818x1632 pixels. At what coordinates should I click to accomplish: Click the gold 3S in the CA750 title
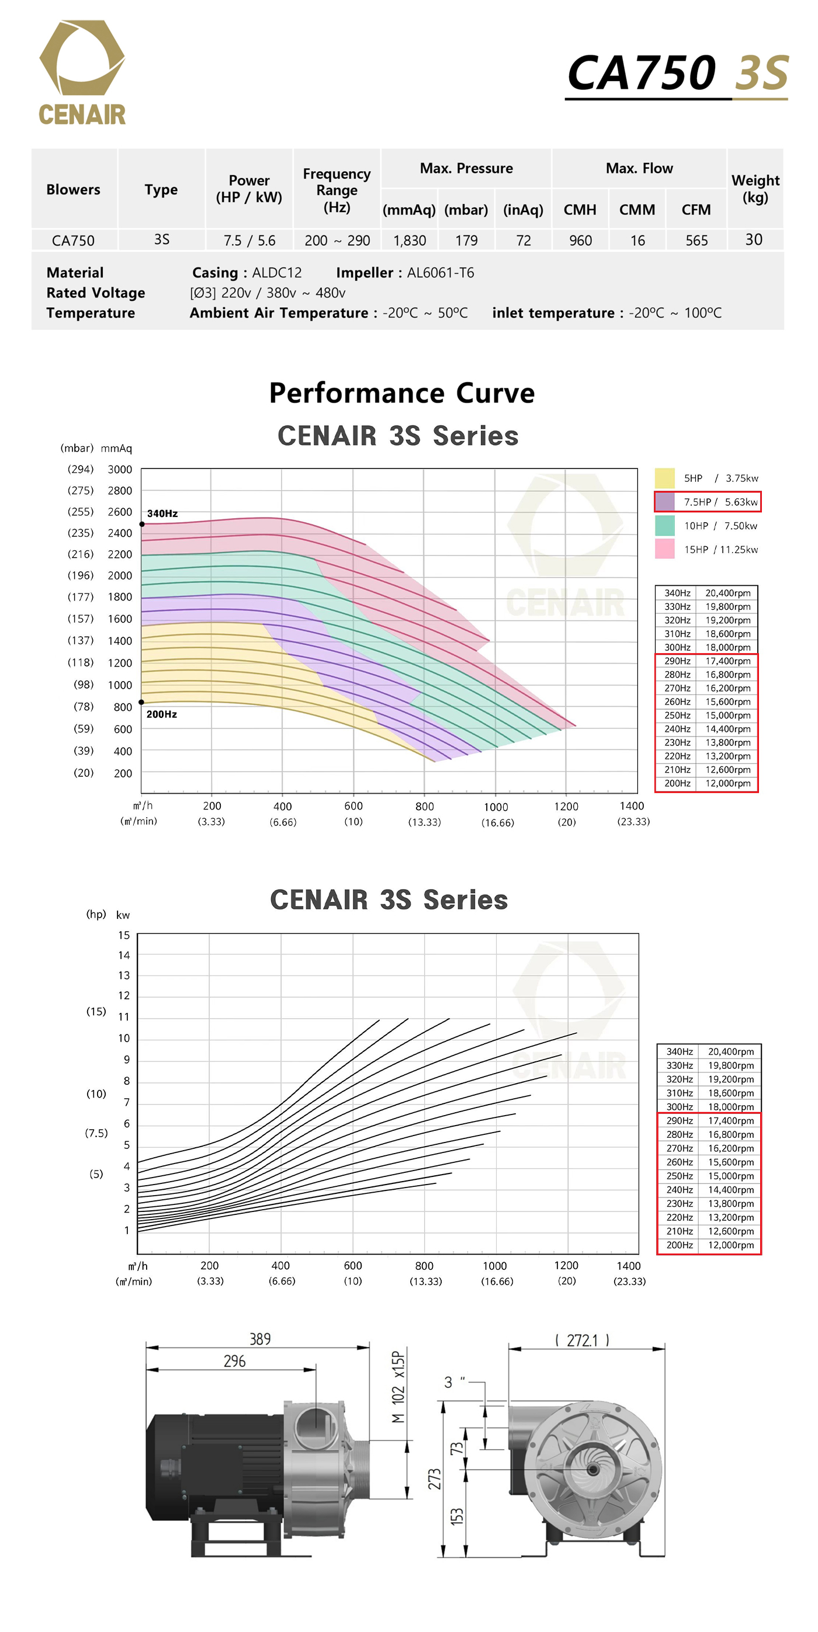coord(761,73)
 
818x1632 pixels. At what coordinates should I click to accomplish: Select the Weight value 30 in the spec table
coord(753,239)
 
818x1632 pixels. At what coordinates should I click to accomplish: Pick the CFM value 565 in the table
coord(696,241)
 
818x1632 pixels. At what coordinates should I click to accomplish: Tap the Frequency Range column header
coord(337,190)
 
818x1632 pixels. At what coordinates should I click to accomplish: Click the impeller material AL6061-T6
coord(440,273)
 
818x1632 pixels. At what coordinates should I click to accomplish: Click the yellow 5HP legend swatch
coord(664,478)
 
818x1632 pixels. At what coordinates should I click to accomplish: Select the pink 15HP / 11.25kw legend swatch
coord(664,549)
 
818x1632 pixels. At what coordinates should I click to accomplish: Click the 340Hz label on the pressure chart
coord(162,513)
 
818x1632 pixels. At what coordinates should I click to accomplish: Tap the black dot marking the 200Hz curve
coord(141,702)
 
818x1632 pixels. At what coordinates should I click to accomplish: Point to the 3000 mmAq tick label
coord(119,470)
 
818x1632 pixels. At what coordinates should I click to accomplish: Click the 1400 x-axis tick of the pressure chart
coord(631,806)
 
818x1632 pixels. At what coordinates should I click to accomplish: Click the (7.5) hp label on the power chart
coord(96,1133)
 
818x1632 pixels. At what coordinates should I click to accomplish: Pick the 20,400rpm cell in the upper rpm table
coord(727,593)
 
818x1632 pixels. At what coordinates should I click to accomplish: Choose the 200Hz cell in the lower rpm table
coord(680,1245)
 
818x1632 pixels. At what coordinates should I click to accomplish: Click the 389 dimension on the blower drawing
coord(260,1339)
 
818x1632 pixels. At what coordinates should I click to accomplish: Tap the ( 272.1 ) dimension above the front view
coord(582,1340)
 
